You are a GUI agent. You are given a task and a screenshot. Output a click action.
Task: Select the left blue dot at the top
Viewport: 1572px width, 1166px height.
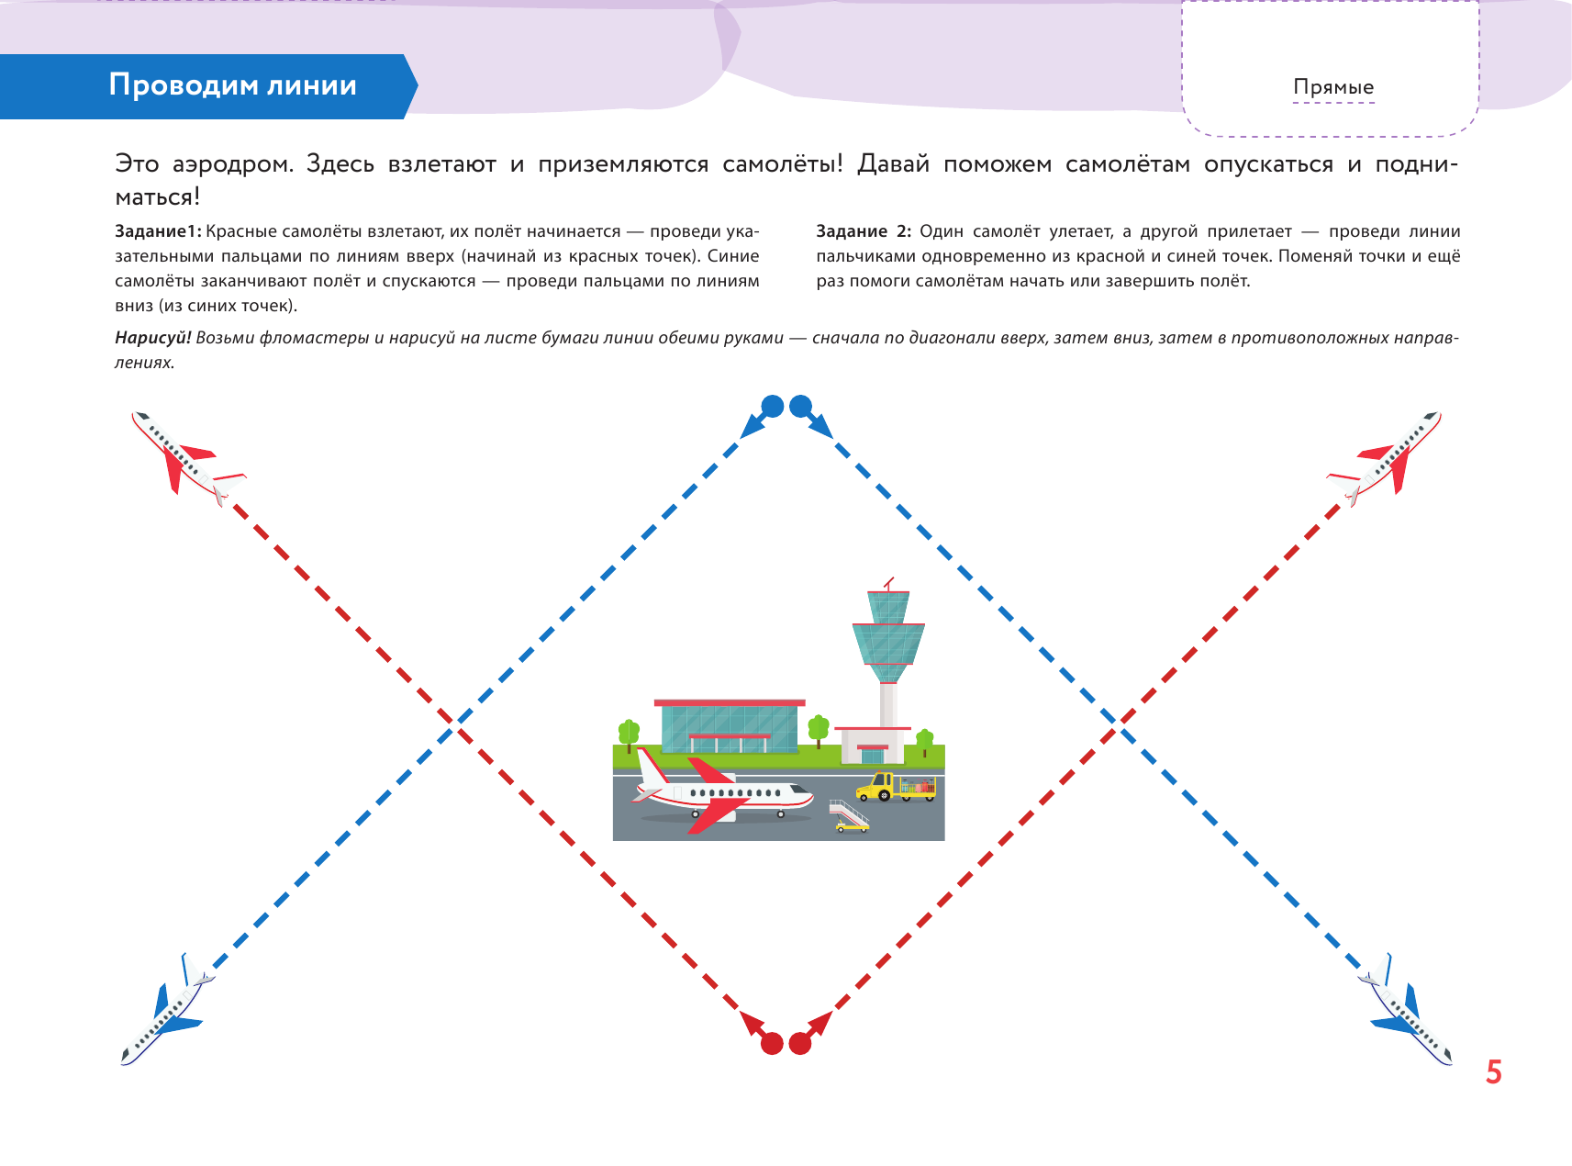[x=773, y=406]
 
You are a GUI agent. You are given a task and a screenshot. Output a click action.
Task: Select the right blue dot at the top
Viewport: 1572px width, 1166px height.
[x=801, y=406]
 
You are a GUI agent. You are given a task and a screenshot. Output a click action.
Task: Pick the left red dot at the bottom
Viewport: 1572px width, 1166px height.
[x=773, y=1044]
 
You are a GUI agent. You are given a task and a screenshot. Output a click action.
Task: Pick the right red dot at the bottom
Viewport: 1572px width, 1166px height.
[x=800, y=1044]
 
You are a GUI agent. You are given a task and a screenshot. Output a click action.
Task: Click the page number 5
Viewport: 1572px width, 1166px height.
[x=1494, y=1072]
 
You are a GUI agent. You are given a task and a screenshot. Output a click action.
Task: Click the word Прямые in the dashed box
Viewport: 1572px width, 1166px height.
[x=1333, y=87]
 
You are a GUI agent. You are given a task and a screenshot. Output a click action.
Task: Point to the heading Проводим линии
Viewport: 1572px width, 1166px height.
[x=233, y=85]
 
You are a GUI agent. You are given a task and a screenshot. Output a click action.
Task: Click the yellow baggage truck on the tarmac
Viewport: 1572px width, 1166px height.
[x=895, y=788]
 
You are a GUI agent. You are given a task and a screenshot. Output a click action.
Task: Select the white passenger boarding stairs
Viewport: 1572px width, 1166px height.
[x=849, y=815]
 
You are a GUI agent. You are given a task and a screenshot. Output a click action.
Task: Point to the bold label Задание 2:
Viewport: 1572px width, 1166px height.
[x=864, y=231]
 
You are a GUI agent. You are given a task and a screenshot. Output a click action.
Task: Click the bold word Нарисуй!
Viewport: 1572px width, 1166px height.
[x=152, y=338]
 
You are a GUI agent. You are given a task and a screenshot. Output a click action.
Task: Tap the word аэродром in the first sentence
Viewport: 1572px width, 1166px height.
[x=233, y=164]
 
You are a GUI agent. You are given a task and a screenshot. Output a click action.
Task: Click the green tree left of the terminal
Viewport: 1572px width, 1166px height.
[x=629, y=734]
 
